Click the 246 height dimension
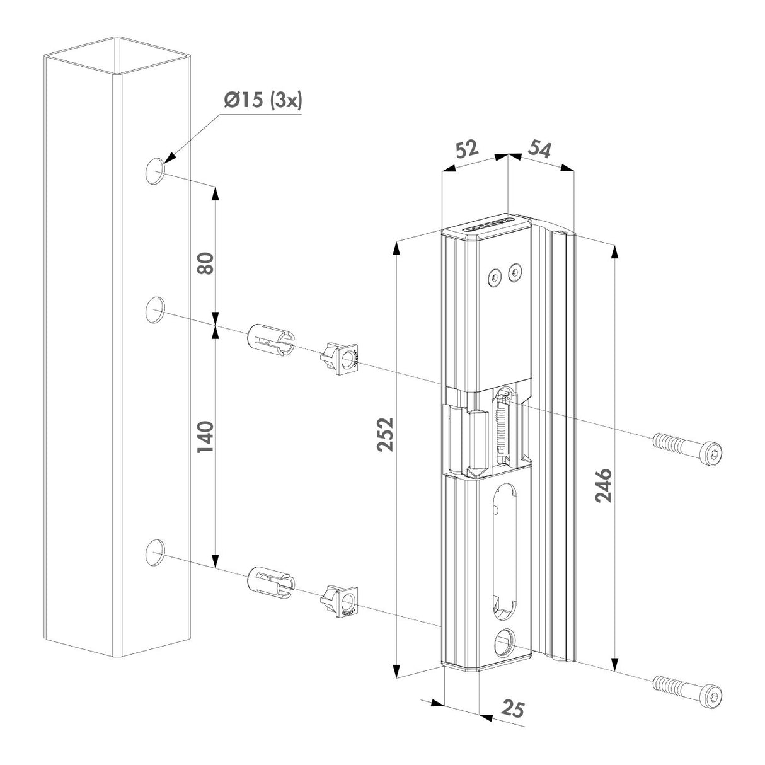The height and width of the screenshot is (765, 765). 603,485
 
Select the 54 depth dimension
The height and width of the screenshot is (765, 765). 539,150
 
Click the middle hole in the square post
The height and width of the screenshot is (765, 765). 155,310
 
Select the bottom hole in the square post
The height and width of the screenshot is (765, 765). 155,553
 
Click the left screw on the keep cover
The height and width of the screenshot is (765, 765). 495,275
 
